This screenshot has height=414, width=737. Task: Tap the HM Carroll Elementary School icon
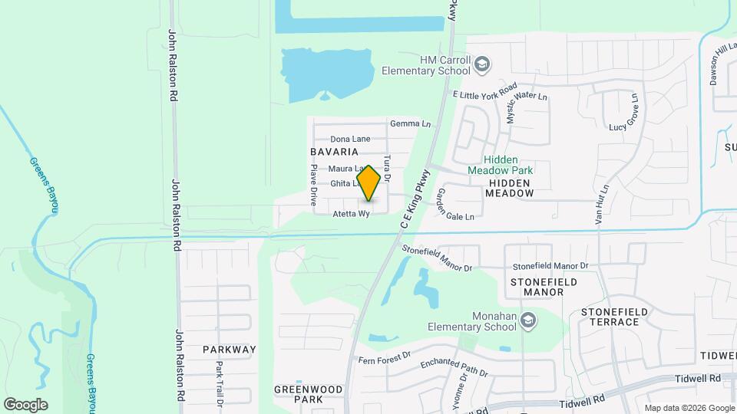(482, 64)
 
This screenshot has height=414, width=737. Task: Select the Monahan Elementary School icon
(527, 320)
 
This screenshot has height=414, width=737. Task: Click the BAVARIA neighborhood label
(335, 153)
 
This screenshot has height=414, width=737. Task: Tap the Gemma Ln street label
(410, 123)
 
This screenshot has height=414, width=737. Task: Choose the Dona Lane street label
(350, 139)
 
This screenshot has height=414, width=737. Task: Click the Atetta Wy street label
(352, 214)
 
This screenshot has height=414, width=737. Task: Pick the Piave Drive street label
(314, 186)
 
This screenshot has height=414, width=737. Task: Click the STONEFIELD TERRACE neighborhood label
(614, 317)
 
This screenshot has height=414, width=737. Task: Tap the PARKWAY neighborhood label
(229, 349)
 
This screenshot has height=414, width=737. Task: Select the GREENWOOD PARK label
(308, 394)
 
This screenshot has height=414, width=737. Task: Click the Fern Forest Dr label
(385, 358)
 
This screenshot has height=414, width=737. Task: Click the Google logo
(25, 404)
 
